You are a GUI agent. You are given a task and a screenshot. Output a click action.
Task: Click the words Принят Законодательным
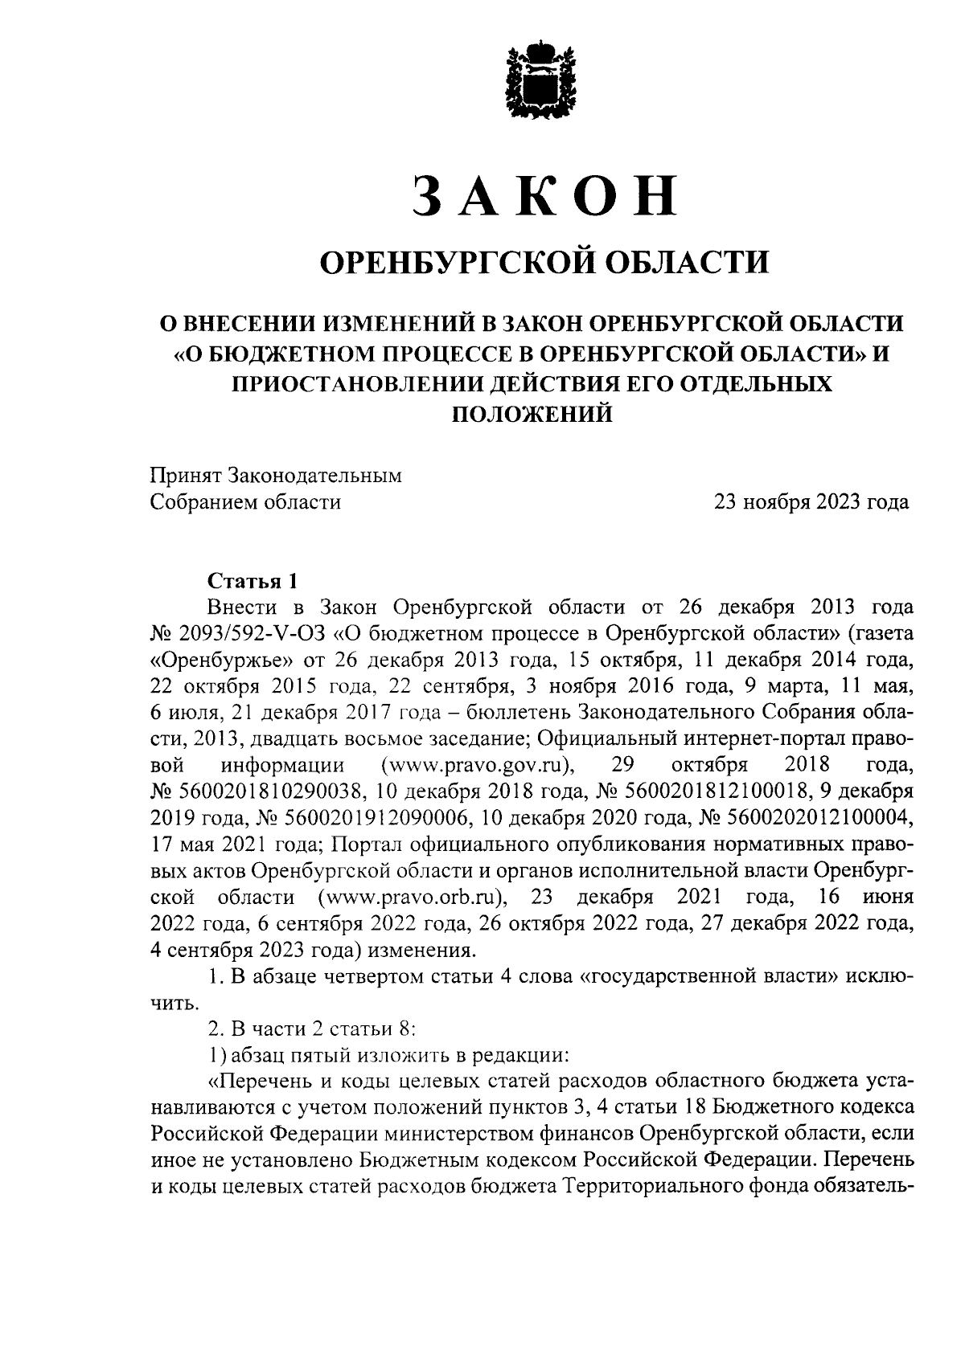tap(276, 476)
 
